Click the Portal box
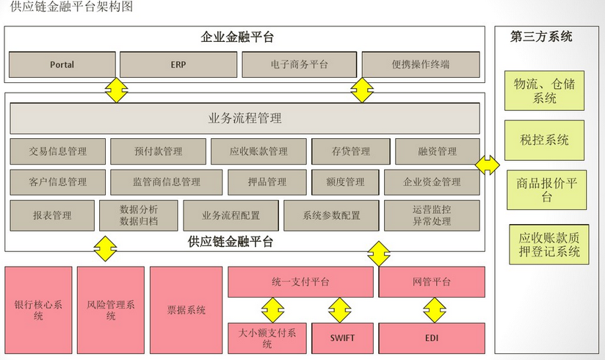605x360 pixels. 62,65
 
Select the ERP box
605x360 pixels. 178,65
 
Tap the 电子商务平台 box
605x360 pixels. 299,65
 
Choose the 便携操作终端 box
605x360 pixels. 421,65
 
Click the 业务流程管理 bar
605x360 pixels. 244,118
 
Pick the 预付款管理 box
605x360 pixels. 158,151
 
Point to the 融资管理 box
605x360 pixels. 438,151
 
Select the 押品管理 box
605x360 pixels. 267,182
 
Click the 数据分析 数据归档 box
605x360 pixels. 138,215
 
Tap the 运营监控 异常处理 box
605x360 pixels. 432,215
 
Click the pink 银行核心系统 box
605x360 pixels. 39,310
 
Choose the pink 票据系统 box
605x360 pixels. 186,310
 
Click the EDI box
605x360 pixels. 432,338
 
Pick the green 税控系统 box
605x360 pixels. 544,140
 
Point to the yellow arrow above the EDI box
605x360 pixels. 432,310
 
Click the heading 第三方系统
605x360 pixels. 541,37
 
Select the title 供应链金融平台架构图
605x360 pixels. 72,7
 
